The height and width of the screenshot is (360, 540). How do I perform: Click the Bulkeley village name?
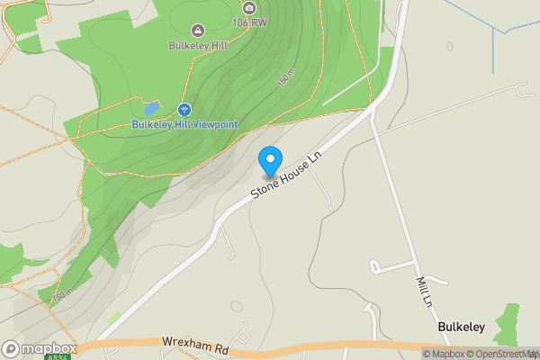click(x=462, y=328)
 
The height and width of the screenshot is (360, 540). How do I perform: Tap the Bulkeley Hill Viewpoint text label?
click(x=184, y=124)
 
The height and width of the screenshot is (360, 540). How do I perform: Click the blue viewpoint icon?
click(x=184, y=110)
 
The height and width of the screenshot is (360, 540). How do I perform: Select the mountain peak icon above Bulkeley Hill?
click(x=197, y=30)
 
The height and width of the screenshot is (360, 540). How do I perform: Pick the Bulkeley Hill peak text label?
click(x=197, y=44)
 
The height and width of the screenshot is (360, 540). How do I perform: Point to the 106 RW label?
click(x=249, y=22)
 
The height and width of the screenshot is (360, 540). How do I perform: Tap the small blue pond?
click(x=140, y=106)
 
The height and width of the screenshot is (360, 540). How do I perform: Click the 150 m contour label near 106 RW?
click(x=286, y=78)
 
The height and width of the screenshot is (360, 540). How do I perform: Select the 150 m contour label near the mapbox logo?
click(x=60, y=295)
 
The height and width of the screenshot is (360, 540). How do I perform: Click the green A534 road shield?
click(x=56, y=356)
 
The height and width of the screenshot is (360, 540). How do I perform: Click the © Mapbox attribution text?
click(x=444, y=353)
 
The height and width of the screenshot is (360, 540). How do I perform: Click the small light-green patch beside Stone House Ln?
click(x=114, y=318)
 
